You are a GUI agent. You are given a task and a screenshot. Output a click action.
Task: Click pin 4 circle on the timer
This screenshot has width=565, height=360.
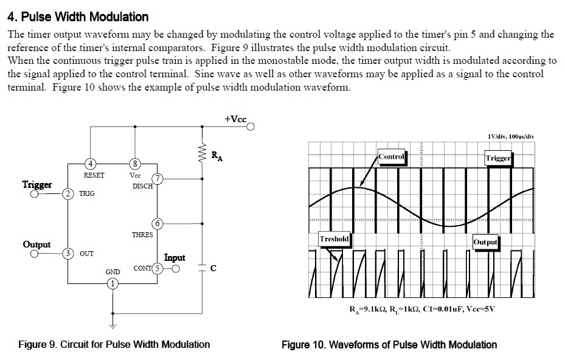coord(90,163)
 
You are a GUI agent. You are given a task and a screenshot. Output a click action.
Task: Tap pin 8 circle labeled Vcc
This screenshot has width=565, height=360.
coord(135,163)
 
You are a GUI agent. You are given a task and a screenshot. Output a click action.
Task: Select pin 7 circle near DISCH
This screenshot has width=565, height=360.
coord(158,178)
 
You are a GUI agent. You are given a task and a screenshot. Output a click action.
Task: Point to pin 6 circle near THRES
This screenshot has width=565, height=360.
coord(158,223)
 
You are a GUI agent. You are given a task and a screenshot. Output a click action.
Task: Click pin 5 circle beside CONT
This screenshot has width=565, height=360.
coord(158,268)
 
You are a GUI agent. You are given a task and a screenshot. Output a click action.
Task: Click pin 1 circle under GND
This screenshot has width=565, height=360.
coord(112,283)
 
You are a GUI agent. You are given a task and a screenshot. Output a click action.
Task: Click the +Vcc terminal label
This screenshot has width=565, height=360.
coord(235,119)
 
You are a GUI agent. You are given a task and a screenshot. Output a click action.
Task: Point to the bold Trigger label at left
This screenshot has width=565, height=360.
coord(37,184)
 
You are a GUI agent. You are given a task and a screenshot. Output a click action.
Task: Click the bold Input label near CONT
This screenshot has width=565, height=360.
coord(175,258)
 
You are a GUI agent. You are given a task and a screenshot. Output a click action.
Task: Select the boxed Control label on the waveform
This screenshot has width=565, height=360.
coord(391,156)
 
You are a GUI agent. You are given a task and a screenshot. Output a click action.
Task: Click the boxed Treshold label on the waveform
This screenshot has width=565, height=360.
coord(334,238)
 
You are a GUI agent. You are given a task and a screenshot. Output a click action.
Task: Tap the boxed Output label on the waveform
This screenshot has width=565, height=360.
coord(485,241)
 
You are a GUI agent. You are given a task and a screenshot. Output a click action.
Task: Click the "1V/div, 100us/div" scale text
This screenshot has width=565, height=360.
coord(511,136)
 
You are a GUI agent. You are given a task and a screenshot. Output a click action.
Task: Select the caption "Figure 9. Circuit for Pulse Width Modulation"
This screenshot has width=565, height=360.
coord(114,344)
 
